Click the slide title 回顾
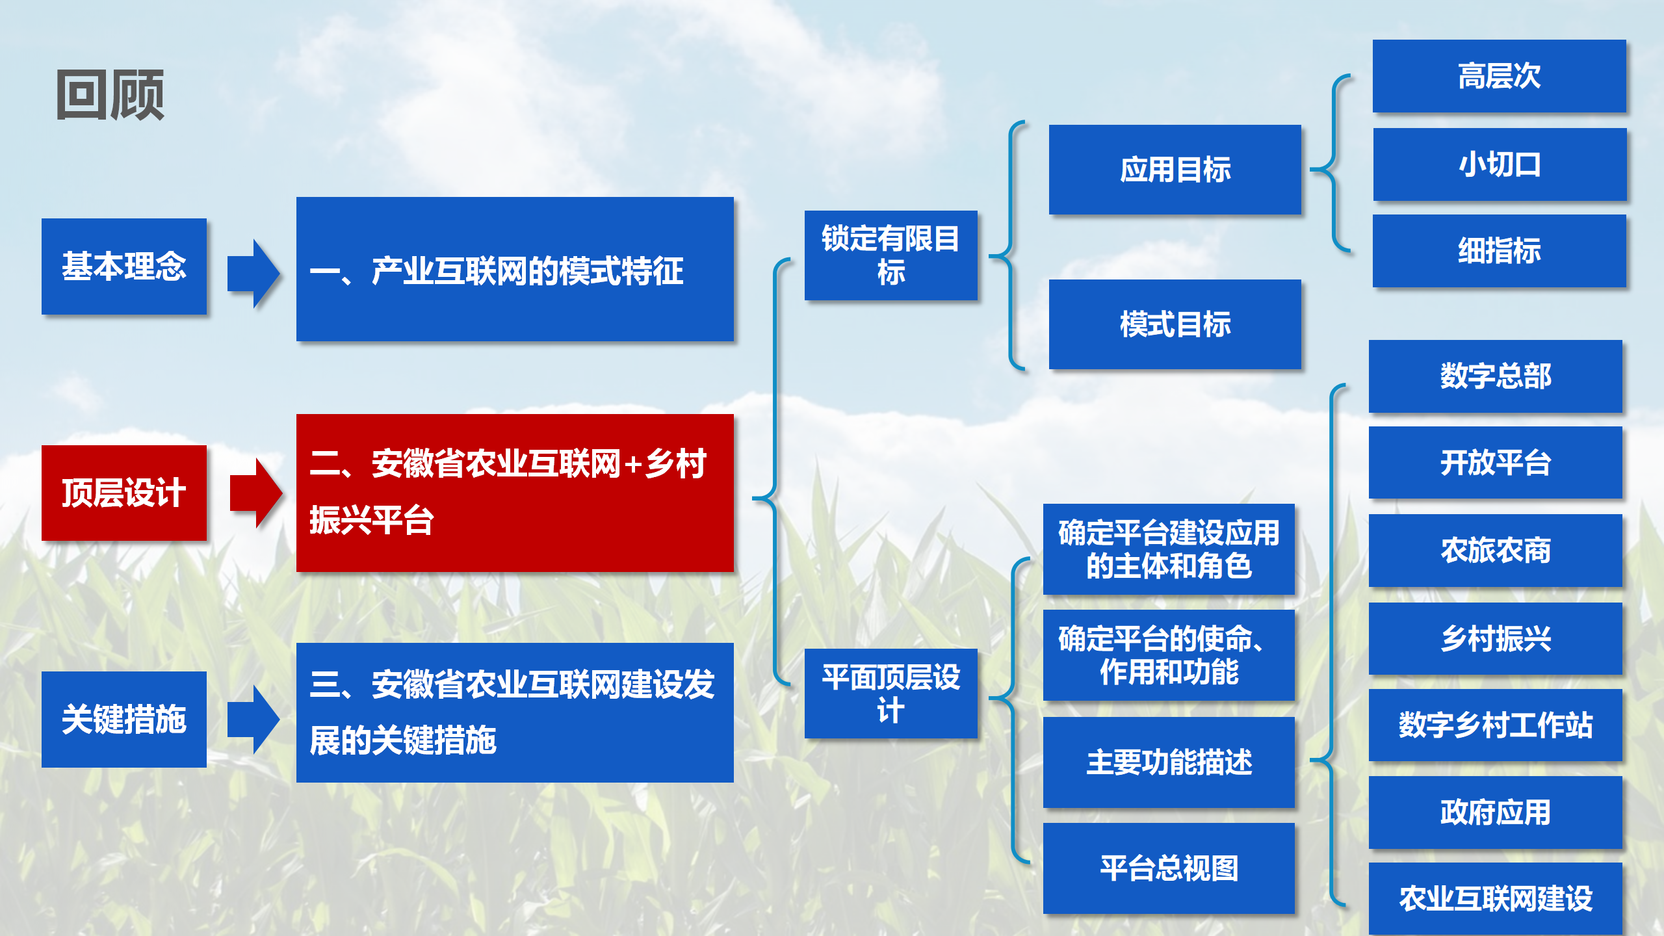coord(110,95)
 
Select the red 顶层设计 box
coord(124,493)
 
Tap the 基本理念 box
coord(124,266)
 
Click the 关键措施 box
coord(124,719)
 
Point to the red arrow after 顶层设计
coord(256,493)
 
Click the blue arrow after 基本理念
coord(253,273)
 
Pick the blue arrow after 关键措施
coord(253,719)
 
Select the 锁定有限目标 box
coord(890,255)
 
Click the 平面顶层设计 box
coord(890,693)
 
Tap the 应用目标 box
coord(1175,169)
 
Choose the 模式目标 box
coord(1175,324)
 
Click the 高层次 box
coord(1499,75)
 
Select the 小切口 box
coord(1500,164)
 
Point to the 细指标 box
coord(1499,250)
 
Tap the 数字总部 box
coord(1495,376)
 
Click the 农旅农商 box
coord(1495,550)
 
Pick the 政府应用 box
coord(1495,812)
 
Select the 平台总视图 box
coord(1169,868)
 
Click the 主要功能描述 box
coord(1169,762)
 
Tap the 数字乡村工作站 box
coord(1495,725)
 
